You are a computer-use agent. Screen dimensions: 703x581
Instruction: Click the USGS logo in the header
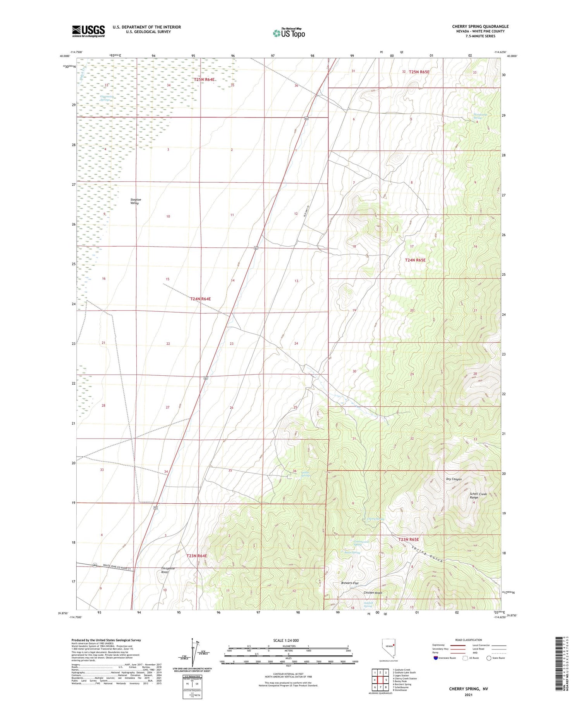pos(88,31)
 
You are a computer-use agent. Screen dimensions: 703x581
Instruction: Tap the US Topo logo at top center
pos(289,33)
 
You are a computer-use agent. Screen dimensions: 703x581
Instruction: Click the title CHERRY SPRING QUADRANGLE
pos(480,26)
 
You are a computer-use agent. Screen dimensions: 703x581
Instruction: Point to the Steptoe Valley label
pos(135,201)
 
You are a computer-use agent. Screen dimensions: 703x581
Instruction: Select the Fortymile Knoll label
pos(168,570)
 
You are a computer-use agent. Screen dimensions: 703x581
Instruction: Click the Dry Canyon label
pos(454,479)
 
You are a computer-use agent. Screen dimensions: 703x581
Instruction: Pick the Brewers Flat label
pos(349,583)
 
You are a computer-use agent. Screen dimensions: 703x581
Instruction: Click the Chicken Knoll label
pos(373,593)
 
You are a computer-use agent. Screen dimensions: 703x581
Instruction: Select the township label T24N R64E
pos(200,299)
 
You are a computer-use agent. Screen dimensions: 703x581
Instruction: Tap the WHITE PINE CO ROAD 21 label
pos(119,567)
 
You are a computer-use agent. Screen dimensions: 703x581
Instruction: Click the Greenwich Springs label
pos(105,98)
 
